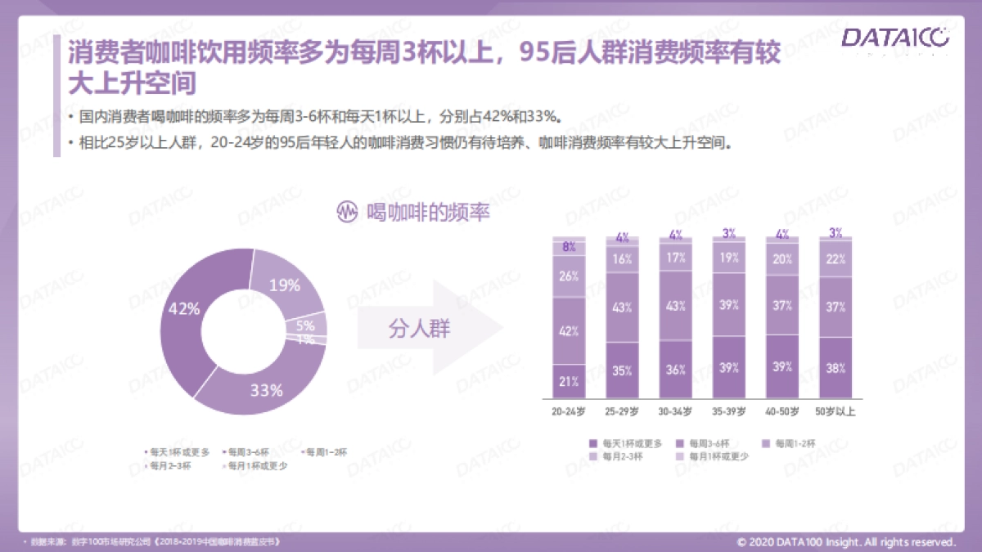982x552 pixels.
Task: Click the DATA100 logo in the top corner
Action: coord(894,37)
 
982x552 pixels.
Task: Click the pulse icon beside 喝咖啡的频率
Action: coord(348,212)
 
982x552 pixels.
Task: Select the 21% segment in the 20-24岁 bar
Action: coord(570,380)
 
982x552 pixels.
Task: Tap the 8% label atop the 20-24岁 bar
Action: coord(570,246)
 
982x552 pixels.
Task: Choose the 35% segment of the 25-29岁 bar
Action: coord(622,370)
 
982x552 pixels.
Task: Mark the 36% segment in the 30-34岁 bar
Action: coord(675,370)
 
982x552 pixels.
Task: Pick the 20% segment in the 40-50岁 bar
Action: coord(782,259)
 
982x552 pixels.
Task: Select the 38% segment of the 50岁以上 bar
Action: coord(836,368)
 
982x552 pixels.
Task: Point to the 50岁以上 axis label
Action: coord(836,411)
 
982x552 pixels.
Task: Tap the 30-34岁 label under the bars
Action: coord(675,411)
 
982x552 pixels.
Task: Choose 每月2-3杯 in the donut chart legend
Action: coord(168,466)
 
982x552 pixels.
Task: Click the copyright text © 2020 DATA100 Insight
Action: coord(847,541)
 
